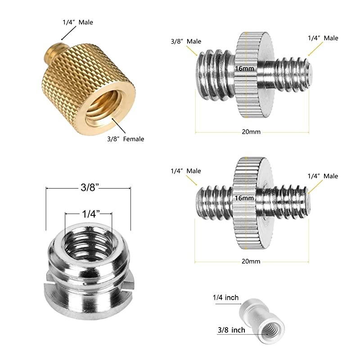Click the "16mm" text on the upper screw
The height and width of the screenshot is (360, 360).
(x=245, y=68)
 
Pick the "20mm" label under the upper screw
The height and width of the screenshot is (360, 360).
(x=251, y=132)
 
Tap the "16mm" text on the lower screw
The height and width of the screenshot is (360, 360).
(x=245, y=197)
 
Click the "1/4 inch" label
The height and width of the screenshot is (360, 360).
(x=225, y=298)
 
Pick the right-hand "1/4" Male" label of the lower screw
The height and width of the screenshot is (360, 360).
(x=323, y=176)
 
